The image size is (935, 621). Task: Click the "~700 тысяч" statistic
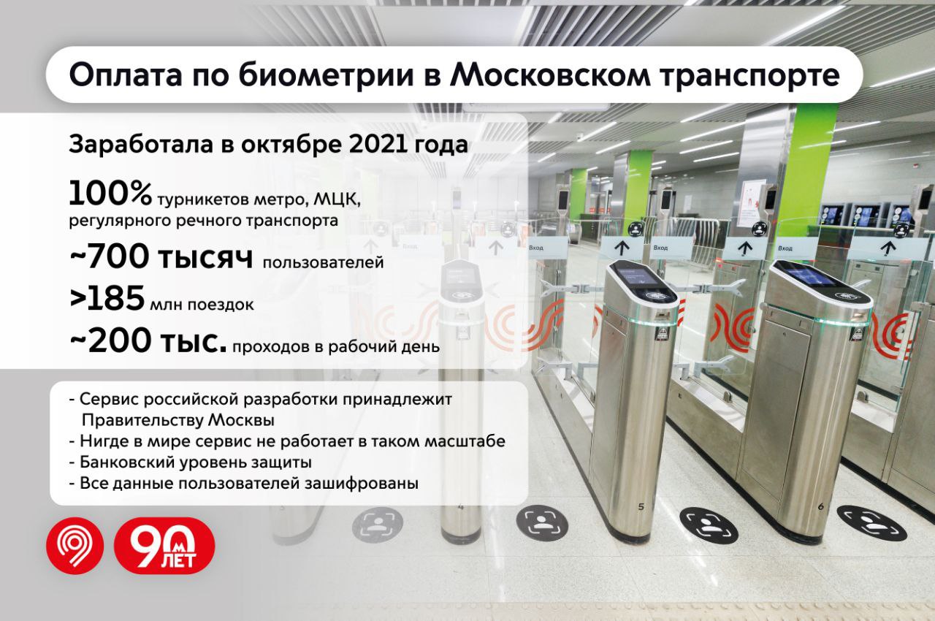coord(161,259)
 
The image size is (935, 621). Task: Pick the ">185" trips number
coord(105,300)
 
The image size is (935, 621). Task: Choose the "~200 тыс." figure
coord(147,341)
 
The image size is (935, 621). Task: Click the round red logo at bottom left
coord(75,546)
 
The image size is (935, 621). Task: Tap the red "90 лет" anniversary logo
coord(164,546)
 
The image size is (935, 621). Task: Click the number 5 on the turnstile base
coord(641,506)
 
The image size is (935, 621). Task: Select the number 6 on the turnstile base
coord(820,506)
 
